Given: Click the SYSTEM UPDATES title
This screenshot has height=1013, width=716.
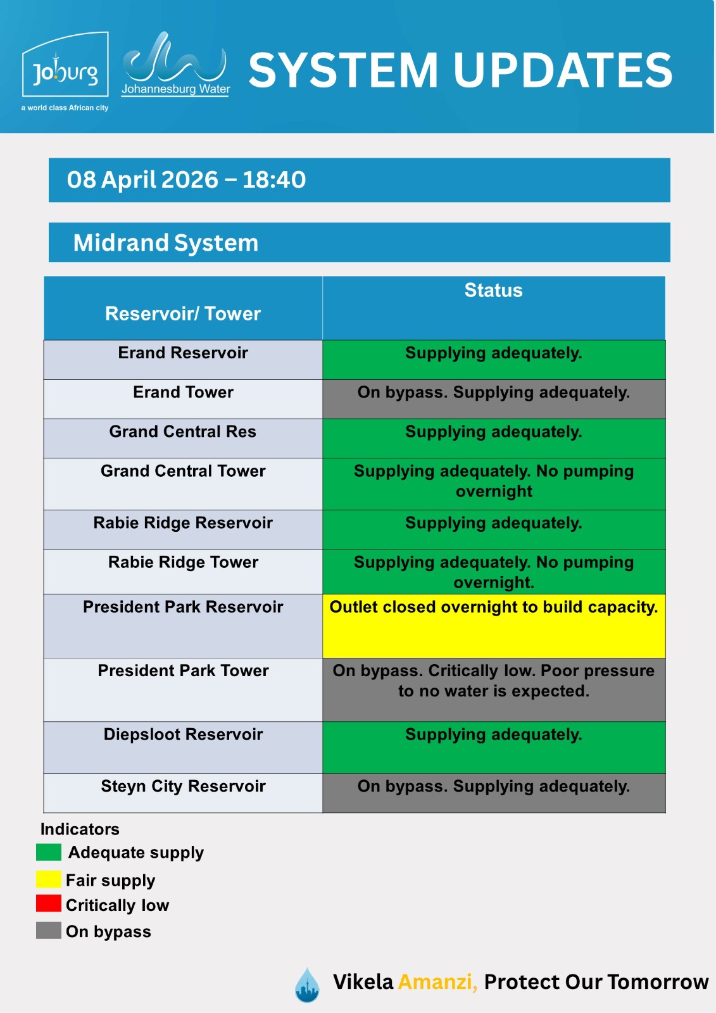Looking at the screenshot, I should tap(460, 70).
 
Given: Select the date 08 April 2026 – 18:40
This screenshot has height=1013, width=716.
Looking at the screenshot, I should tap(187, 180).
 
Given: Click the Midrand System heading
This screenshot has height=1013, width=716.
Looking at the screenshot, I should tap(166, 242).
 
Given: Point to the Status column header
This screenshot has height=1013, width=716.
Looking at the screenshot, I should tap(493, 291).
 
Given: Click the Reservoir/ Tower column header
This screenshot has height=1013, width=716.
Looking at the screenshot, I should tap(183, 313).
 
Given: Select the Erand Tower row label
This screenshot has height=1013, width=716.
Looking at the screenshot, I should tap(183, 393).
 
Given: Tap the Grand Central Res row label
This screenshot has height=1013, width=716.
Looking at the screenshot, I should tap(183, 432).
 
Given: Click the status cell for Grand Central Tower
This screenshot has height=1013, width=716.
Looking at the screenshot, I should tap(493, 481).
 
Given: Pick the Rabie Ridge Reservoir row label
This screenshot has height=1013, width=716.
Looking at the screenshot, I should tap(183, 523).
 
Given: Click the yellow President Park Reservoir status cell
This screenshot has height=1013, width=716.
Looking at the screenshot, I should tap(493, 625).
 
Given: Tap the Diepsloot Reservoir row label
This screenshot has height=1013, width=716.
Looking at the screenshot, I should tap(183, 734).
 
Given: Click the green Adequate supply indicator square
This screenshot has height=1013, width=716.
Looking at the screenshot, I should tap(49, 852).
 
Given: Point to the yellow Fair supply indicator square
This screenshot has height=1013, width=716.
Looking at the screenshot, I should tap(49, 879).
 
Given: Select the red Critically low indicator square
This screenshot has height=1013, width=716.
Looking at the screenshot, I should tap(49, 903).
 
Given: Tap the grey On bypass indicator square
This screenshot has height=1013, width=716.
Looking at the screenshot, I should tap(49, 930).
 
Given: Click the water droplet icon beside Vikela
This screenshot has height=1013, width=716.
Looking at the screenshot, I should tap(307, 985).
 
